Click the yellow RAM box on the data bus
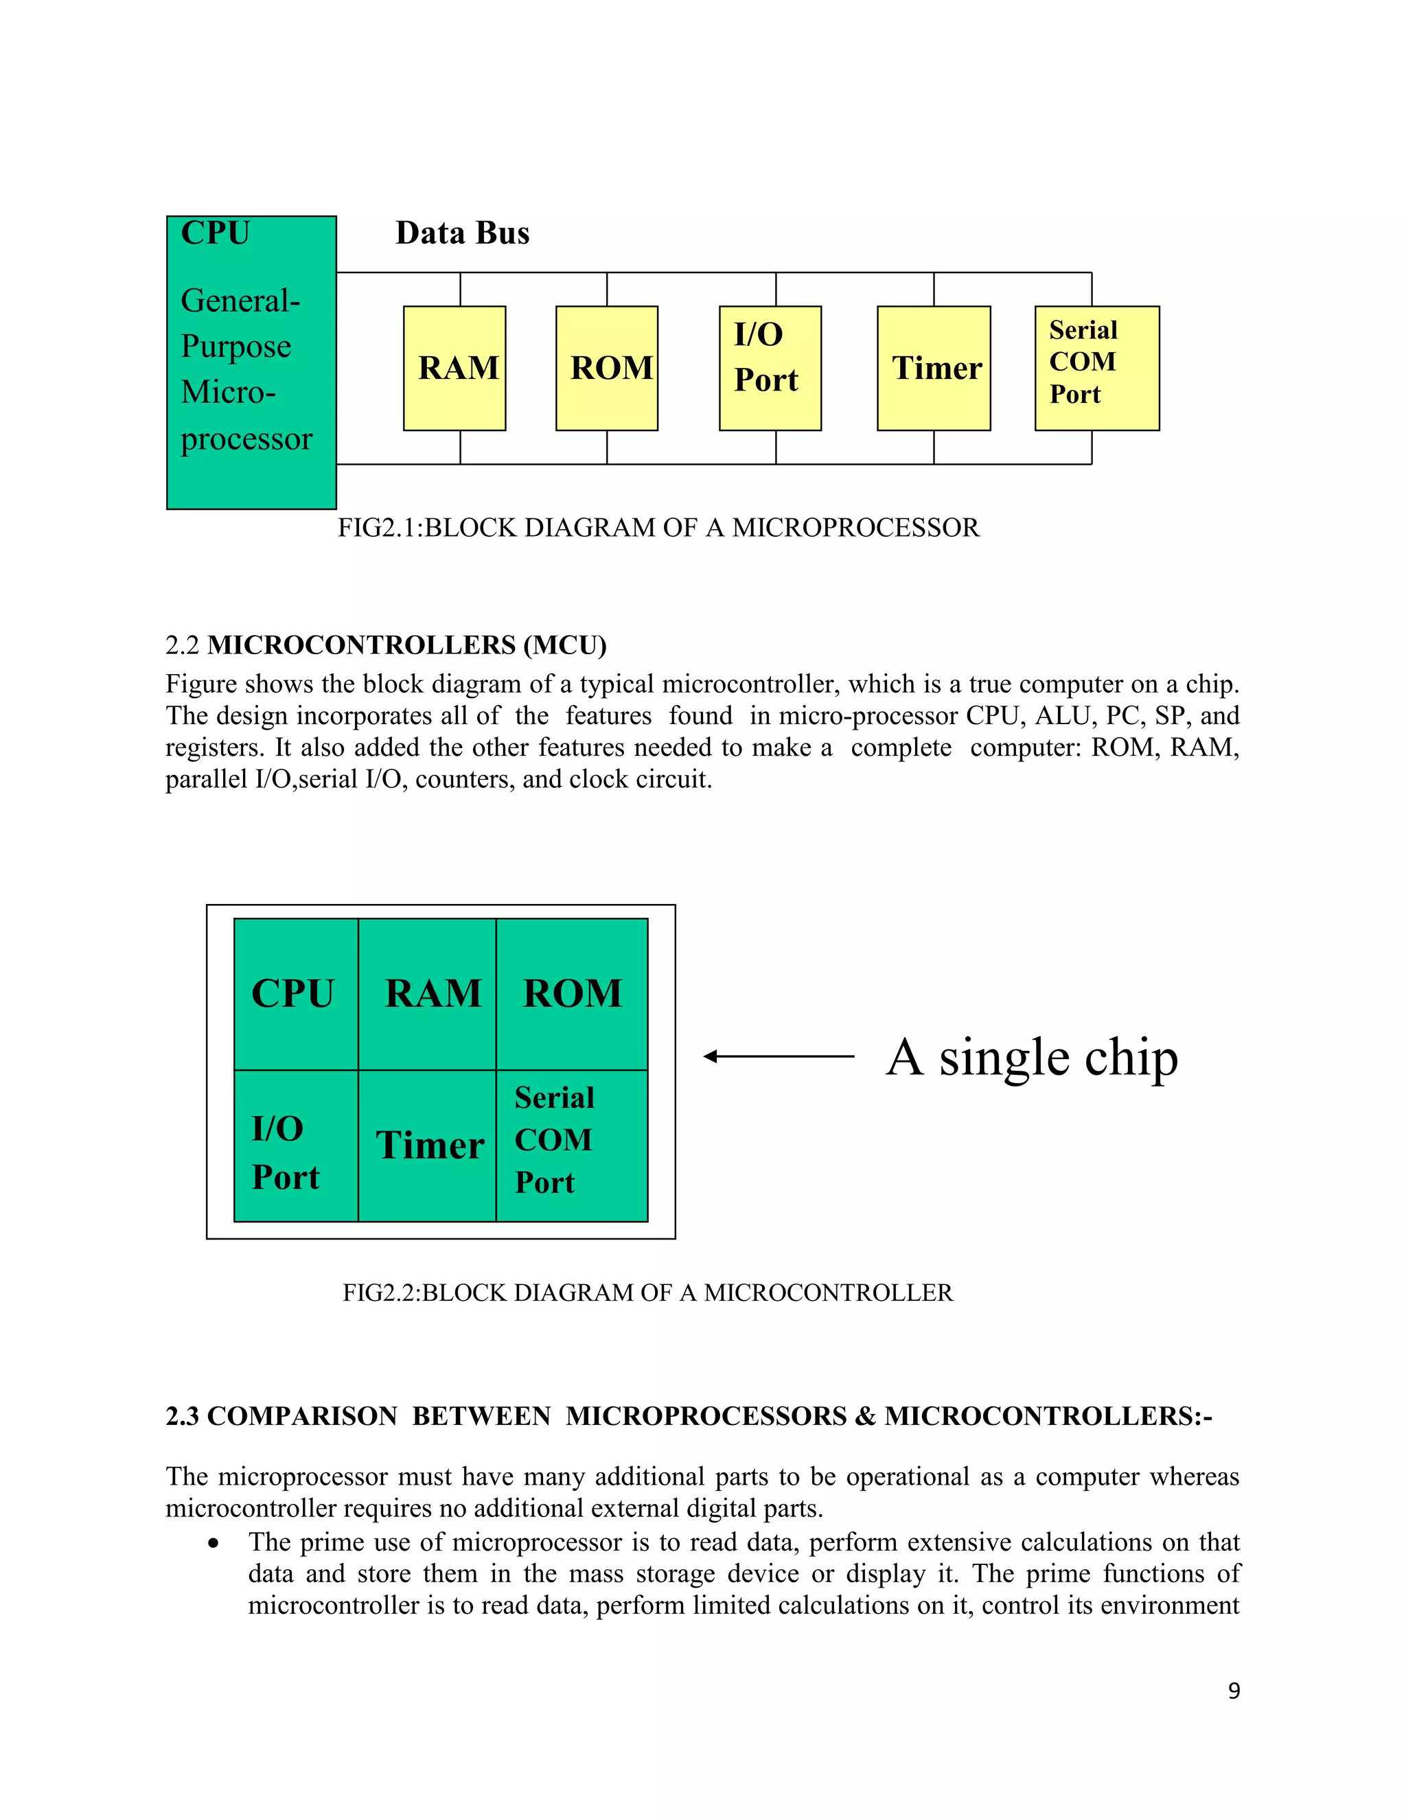point(454,368)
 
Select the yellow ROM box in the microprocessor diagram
point(606,368)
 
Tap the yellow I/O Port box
point(770,368)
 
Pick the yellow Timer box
point(934,368)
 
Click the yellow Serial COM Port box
point(1096,368)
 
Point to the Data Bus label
point(462,233)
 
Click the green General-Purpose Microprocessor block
point(251,363)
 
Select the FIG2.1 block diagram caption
point(658,528)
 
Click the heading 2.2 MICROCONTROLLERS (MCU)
point(386,645)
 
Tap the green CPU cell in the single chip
point(296,994)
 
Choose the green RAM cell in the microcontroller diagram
point(427,994)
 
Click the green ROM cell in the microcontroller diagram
point(573,994)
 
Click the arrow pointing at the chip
point(778,1056)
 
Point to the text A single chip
point(1032,1058)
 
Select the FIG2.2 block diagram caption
point(647,1293)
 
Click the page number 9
point(1234,1691)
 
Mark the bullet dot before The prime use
point(215,1543)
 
